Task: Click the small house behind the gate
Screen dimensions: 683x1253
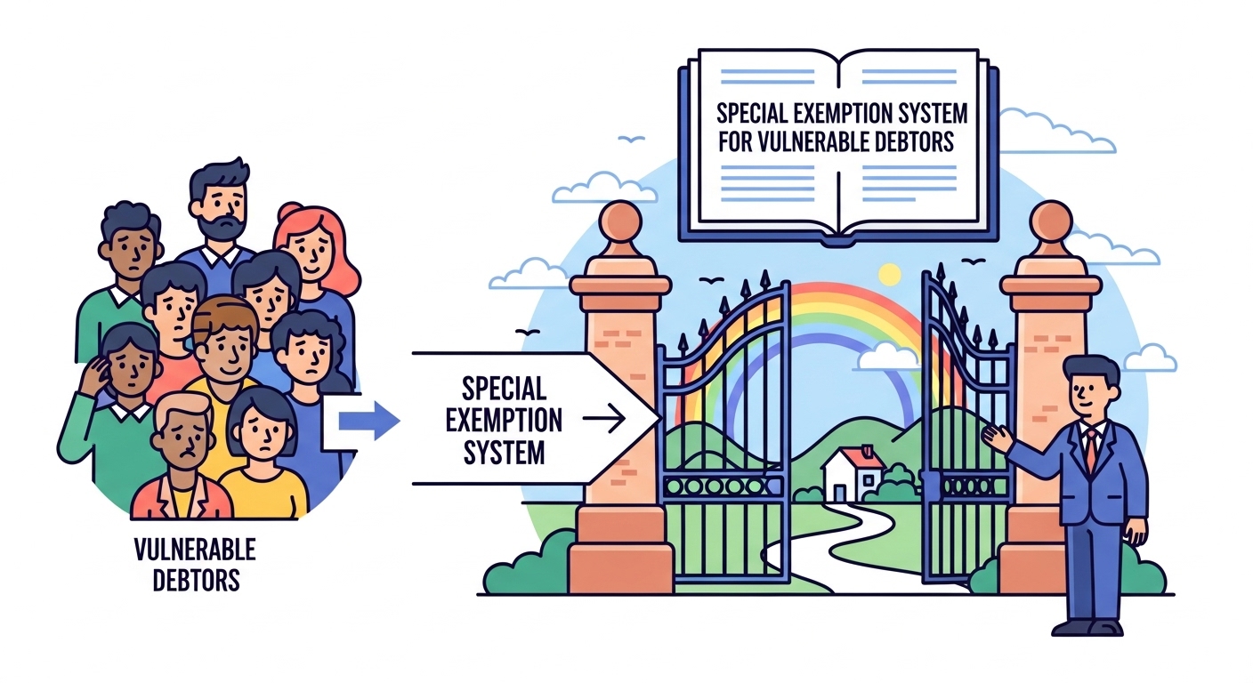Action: pos(853,473)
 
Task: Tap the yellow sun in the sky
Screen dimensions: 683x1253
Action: pos(889,273)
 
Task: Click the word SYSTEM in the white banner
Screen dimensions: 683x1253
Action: pos(505,452)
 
